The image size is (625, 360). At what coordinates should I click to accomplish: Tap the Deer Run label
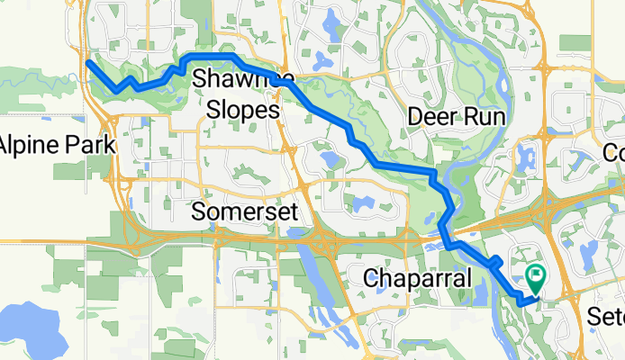pos(455,117)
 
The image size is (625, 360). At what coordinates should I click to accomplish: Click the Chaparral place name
pos(417,280)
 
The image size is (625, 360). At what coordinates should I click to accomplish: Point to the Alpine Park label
pos(56,145)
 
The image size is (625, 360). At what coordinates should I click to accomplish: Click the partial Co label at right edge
pos(614,151)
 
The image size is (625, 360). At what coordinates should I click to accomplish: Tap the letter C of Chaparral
pos(370,280)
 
